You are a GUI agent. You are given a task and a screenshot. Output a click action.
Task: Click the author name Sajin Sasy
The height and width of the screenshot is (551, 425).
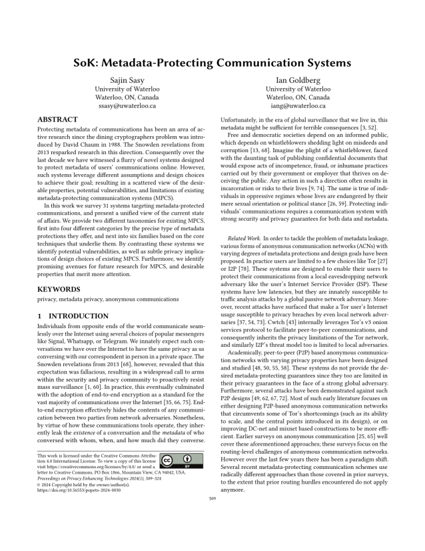126,81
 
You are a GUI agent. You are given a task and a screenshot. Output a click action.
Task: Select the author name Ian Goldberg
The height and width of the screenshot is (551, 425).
298,81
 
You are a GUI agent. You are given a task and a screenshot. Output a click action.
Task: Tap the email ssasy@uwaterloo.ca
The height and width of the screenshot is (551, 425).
126,105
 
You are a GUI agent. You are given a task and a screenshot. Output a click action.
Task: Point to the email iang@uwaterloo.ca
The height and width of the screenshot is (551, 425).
298,105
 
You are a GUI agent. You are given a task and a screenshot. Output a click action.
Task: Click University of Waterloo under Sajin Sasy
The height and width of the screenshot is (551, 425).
126,89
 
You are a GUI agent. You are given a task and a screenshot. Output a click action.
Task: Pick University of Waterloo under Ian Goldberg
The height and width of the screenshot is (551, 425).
298,89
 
